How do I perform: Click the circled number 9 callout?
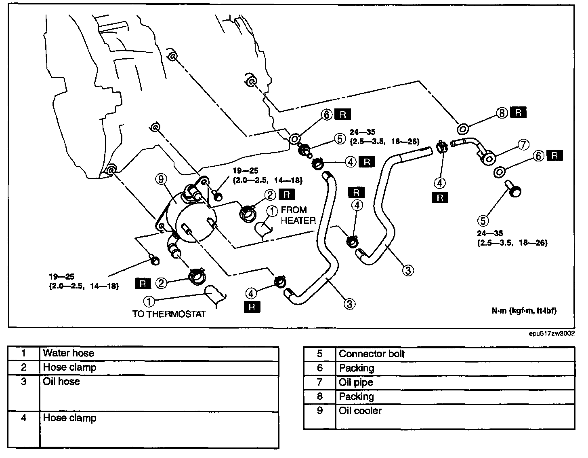click(161, 178)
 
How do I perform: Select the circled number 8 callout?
click(502, 113)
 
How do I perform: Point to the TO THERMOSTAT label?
click(169, 314)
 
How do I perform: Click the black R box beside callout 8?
click(518, 112)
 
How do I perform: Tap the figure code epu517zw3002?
click(552, 334)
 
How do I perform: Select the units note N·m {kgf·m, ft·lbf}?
click(523, 311)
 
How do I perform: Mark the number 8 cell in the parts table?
click(319, 397)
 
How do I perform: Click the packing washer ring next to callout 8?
click(462, 129)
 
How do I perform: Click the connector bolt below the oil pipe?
click(514, 189)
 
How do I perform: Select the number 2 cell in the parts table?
click(24, 367)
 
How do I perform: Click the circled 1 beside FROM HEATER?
click(272, 210)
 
